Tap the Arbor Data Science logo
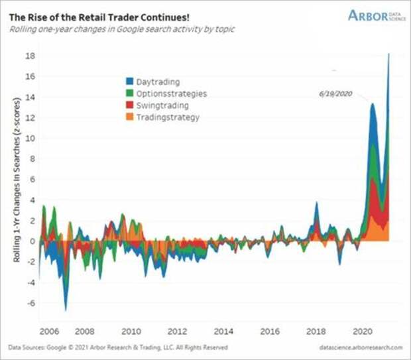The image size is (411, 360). tap(375, 15)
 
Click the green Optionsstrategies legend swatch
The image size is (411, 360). tap(129, 94)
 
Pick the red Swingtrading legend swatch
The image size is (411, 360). tap(129, 105)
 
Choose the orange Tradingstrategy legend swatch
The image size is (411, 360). tap(129, 117)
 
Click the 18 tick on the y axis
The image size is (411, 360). tap(29, 55)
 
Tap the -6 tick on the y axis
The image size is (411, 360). tap(27, 303)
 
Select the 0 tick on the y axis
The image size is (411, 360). tap(30, 241)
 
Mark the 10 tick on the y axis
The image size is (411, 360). tap(29, 138)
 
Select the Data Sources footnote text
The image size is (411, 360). tap(117, 347)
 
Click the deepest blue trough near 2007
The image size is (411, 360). tap(66, 308)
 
